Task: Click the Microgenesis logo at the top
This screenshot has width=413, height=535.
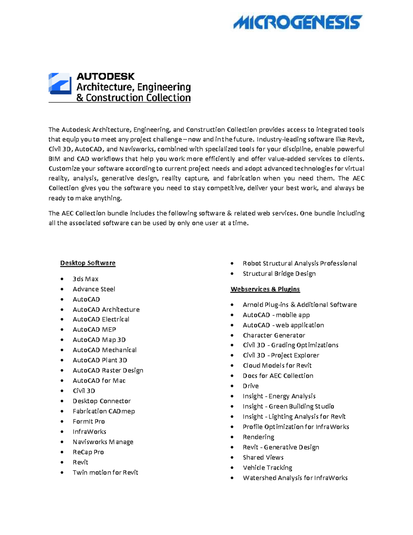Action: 298,22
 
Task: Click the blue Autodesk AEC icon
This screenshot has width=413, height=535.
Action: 60,83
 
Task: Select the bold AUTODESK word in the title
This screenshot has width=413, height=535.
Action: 105,76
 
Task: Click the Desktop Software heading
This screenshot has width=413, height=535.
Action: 88,263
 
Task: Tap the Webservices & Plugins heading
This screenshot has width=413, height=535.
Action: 265,289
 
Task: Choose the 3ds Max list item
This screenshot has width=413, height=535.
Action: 85,279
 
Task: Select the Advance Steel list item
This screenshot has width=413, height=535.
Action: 94,289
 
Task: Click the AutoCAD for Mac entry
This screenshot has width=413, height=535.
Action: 99,381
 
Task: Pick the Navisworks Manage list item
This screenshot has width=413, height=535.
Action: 103,442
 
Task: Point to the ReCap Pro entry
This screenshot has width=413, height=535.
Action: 88,452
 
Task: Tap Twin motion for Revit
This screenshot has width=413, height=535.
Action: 105,473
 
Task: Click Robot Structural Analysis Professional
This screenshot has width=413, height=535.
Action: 300,264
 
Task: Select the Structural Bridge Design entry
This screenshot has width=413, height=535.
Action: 279,274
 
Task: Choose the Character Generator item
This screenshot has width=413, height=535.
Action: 274,336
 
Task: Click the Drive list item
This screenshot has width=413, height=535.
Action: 251,386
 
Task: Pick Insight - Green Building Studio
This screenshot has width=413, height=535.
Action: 288,407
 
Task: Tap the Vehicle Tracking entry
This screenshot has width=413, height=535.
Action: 267,468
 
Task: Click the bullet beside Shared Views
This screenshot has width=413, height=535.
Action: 232,458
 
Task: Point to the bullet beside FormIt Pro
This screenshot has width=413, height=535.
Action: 62,422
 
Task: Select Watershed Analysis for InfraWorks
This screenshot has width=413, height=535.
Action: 295,478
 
